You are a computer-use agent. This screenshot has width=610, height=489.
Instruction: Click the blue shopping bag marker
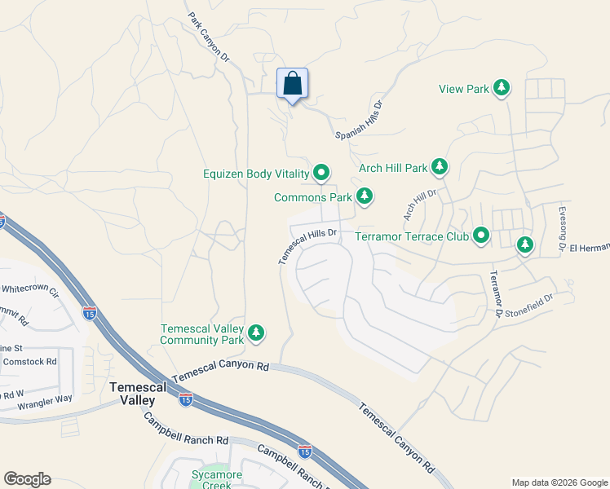coord(293,84)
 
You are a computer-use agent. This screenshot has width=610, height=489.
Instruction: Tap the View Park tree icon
coord(502,88)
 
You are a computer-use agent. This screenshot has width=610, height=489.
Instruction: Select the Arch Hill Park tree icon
coord(440,168)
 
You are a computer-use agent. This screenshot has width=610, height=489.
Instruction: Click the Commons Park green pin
coord(365,196)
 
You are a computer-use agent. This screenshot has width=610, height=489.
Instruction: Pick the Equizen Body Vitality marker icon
coord(321,173)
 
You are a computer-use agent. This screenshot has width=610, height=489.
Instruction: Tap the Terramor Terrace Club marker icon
coord(481,236)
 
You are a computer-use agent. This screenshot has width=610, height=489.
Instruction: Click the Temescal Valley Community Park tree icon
coord(256,333)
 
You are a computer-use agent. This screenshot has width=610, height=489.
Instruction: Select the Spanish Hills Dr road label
coord(360,121)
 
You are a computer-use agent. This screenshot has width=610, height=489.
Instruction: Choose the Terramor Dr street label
coord(495,294)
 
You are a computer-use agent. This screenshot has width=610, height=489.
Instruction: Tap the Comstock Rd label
coord(30,360)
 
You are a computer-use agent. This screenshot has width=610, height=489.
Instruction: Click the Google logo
coord(27,479)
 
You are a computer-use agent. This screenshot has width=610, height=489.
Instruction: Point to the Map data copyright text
coord(558,482)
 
